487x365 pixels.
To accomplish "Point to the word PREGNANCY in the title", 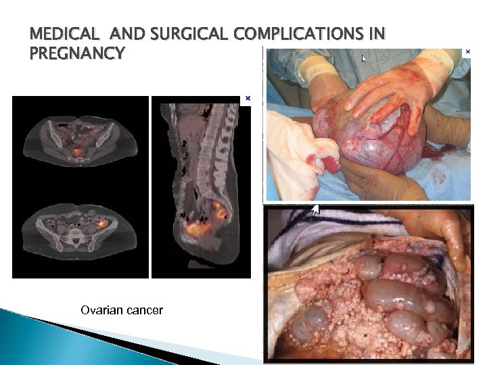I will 77,52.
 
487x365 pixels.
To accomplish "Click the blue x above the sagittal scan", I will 248,99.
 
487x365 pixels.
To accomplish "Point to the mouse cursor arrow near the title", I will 364,59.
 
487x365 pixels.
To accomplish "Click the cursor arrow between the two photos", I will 315,210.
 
